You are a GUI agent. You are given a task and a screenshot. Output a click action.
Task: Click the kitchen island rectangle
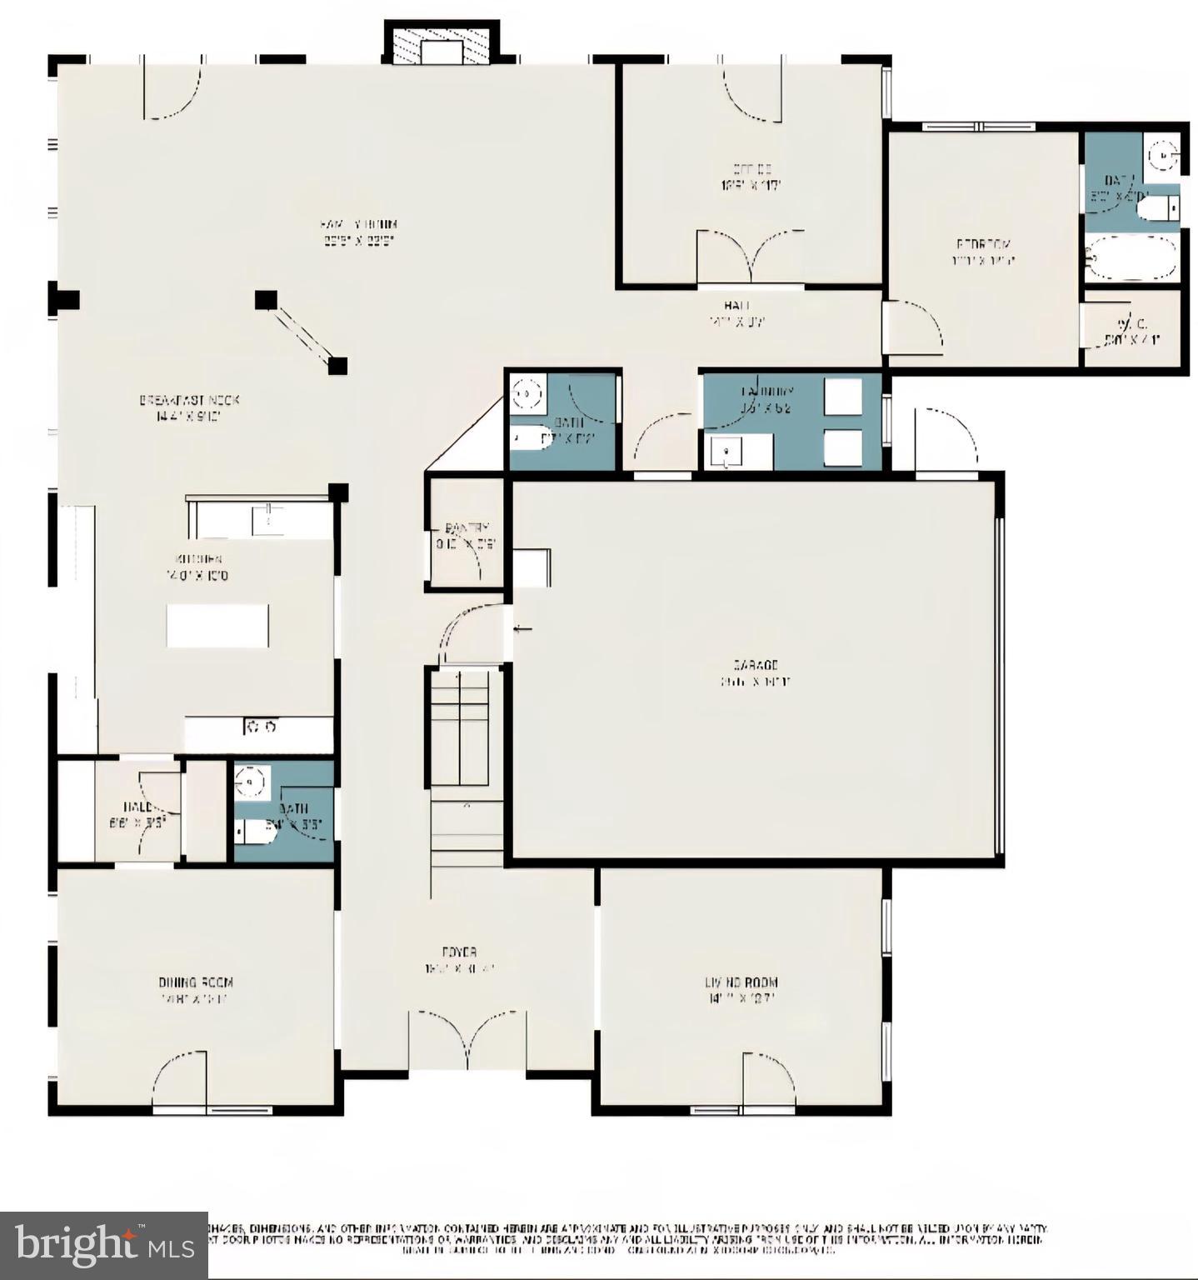tap(217, 625)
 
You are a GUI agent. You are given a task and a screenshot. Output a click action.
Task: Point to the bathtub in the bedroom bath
tap(1131, 256)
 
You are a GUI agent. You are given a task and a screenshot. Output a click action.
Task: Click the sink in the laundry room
tap(727, 452)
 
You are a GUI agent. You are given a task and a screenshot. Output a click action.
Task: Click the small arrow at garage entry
tap(522, 628)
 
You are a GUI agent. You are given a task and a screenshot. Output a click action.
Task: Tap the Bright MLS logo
tap(104, 1245)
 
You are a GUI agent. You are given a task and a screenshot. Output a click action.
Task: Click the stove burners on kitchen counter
tap(260, 727)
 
